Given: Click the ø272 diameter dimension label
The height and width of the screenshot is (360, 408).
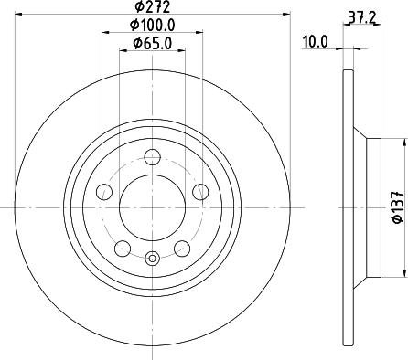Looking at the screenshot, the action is click(153, 6).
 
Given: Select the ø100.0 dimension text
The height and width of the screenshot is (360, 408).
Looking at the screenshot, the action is click(153, 26).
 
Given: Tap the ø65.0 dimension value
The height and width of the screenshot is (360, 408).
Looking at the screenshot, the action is click(153, 43).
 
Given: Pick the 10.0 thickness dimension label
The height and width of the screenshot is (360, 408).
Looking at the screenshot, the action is click(315, 42).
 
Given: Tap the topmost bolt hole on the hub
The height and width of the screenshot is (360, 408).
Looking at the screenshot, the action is click(152, 157).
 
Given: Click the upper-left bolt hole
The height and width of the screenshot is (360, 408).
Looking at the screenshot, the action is click(104, 192).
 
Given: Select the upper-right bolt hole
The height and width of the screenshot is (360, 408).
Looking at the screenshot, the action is click(200, 192).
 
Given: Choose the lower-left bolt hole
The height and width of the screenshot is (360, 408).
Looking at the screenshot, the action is click(123, 249).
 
